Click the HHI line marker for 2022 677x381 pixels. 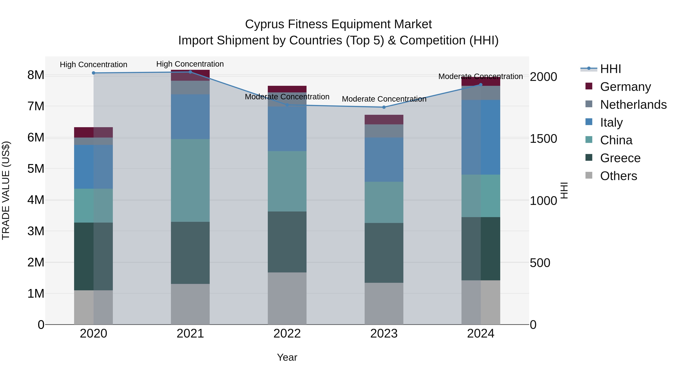point(287,105)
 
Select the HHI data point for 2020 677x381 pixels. point(94,73)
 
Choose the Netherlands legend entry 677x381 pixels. point(633,104)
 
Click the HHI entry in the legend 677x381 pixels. point(610,69)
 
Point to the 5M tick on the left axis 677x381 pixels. point(36,169)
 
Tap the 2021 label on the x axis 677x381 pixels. point(190,334)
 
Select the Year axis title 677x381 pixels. point(287,357)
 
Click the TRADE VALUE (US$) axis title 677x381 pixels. point(6,190)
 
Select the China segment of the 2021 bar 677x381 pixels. point(190,180)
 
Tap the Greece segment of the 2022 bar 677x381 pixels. point(287,242)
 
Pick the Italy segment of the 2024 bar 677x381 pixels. point(481,137)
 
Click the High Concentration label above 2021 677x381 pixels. point(190,64)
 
